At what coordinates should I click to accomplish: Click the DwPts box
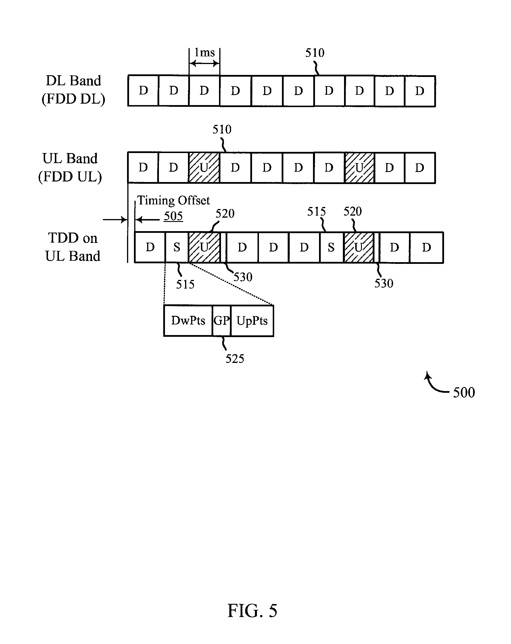pos(188,321)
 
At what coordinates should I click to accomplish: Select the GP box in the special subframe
pos(222,321)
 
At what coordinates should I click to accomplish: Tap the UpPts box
pos(252,321)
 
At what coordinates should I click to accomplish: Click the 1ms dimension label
pos(205,53)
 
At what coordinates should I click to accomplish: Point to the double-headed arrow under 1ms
pos(205,63)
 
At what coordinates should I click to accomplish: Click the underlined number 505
pos(173,216)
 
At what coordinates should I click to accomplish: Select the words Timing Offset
pos(173,200)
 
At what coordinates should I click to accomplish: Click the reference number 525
pos(235,358)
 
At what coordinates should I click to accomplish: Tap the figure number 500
pos(464,392)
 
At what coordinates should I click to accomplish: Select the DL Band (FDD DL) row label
pos(73,90)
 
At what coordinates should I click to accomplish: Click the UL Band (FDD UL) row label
pos(70,167)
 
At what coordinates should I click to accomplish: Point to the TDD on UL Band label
pos(73,247)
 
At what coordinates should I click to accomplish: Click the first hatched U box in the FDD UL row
pos(204,168)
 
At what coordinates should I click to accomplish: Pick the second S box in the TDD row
pos(331,247)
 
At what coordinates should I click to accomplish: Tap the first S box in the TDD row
pos(177,247)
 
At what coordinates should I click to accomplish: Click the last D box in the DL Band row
pos(420,91)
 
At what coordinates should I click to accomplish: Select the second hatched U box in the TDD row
pos(358,247)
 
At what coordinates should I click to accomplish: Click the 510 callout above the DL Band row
pos(314,53)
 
